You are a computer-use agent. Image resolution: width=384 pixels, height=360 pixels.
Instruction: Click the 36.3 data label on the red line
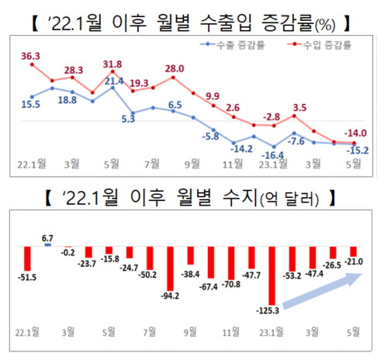pyautogui.click(x=31, y=55)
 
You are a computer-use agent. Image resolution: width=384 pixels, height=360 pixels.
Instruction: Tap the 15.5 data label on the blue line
pyautogui.click(x=32, y=103)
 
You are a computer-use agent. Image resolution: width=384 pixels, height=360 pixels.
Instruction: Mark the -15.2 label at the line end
pyautogui.click(x=357, y=151)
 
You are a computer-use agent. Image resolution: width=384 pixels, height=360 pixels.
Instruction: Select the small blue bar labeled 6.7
pyautogui.click(x=48, y=244)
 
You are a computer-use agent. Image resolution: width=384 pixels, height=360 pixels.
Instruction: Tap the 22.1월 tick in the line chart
pyautogui.click(x=32, y=164)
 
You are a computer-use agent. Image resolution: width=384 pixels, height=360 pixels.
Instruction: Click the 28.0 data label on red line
pyautogui.click(x=175, y=68)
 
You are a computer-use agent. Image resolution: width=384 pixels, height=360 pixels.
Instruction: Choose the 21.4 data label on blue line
pyautogui.click(x=114, y=81)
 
